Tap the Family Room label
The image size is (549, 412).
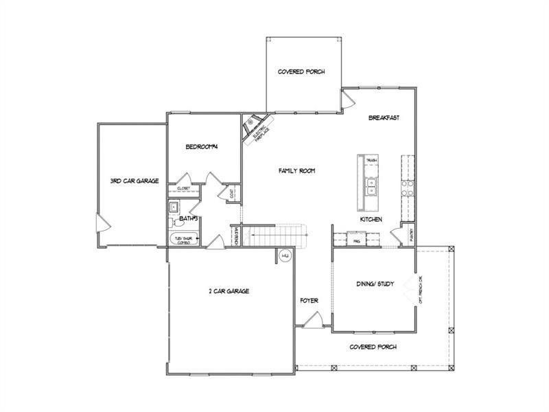point(296,170)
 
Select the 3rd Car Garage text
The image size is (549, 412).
point(135,181)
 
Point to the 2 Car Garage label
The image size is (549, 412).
point(229,291)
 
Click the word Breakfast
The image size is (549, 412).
point(384,117)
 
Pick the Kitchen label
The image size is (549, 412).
point(371,220)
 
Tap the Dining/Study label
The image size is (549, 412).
point(375,283)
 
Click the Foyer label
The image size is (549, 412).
point(308,301)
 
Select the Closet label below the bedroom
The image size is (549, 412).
point(183,188)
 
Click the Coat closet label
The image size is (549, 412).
point(233,193)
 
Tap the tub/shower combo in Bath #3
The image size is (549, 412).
point(184,239)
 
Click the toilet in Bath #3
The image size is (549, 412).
point(176,221)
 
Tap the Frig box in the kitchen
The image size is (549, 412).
point(357,241)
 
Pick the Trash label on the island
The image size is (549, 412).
point(371,160)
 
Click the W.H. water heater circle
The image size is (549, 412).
point(286,257)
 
